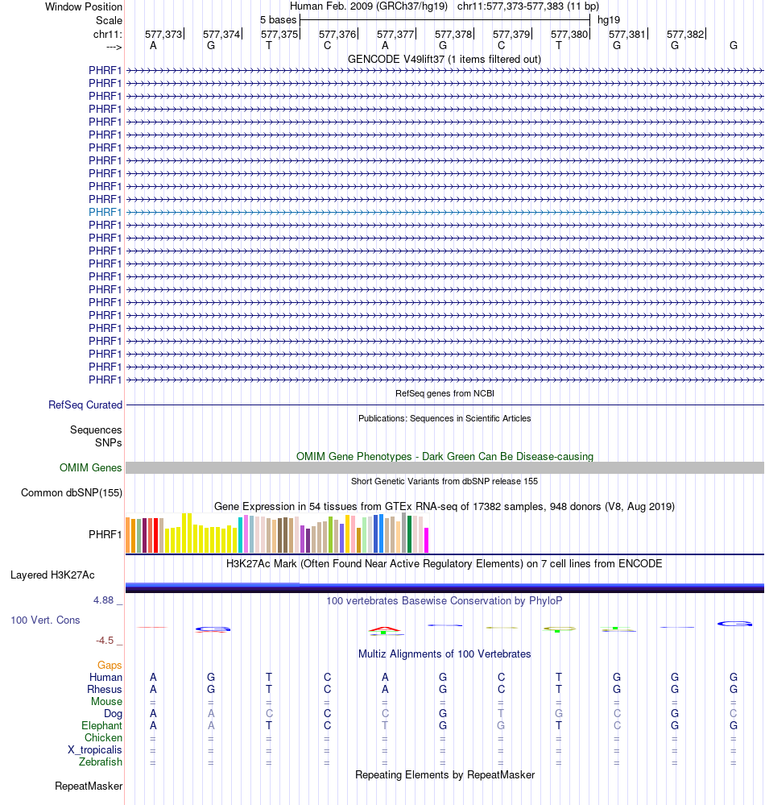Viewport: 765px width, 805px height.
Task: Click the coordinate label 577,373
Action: (163, 34)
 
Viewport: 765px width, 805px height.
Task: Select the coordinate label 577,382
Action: (685, 34)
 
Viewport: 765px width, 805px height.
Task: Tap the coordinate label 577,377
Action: (395, 34)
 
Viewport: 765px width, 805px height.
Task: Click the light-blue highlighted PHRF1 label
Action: (105, 212)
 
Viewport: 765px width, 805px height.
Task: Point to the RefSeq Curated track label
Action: (85, 405)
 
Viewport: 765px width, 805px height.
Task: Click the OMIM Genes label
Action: (91, 467)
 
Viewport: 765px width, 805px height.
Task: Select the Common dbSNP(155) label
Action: (72, 493)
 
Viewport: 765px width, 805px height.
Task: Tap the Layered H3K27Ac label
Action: (52, 575)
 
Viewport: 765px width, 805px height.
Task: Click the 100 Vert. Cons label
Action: (45, 620)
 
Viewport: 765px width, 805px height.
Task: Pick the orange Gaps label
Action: (110, 666)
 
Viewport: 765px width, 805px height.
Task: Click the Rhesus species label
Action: (105, 690)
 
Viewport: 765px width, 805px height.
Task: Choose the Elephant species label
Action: (102, 726)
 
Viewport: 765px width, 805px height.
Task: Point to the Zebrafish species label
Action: (101, 762)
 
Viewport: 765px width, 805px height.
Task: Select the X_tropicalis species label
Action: (95, 750)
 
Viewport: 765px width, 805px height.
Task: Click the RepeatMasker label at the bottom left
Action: (89, 786)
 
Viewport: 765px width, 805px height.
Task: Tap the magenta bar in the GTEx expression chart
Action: (427, 540)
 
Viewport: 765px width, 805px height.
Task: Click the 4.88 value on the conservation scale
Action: (108, 600)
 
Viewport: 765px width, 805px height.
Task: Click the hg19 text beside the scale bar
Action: (609, 19)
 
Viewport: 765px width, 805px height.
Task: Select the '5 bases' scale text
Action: (278, 19)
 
